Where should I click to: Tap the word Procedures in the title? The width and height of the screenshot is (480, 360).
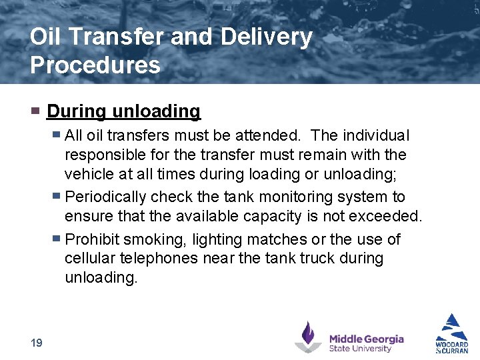95,65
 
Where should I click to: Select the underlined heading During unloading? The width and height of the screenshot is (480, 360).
123,111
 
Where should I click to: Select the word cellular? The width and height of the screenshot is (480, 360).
90,258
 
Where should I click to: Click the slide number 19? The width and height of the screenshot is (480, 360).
36,343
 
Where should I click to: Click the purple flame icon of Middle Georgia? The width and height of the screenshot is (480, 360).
309,336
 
